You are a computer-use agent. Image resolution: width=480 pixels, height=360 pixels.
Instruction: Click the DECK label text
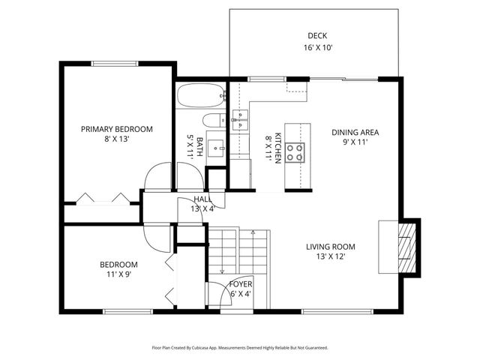pyautogui.click(x=317, y=35)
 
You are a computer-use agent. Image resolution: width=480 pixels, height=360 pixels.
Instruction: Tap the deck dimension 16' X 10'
pyautogui.click(x=317, y=47)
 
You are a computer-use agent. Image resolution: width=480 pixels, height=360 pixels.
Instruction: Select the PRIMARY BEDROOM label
pyautogui.click(x=117, y=129)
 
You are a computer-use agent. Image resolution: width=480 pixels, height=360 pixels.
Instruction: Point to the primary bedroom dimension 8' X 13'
pyautogui.click(x=117, y=139)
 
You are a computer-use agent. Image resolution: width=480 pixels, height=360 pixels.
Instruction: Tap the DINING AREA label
pyautogui.click(x=355, y=132)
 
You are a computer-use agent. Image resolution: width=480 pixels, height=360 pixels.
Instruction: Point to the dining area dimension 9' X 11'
pyautogui.click(x=355, y=142)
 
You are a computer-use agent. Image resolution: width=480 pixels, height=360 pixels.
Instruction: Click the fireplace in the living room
pyautogui.click(x=405, y=247)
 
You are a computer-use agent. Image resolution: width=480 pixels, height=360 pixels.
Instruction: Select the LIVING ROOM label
pyautogui.click(x=330, y=246)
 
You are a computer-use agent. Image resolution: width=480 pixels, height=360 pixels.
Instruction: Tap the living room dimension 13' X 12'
pyautogui.click(x=330, y=256)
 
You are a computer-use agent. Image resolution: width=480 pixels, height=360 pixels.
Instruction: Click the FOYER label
pyautogui.click(x=241, y=284)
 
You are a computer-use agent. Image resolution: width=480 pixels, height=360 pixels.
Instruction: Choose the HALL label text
pyautogui.click(x=202, y=199)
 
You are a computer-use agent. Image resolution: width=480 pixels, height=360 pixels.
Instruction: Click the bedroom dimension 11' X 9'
pyautogui.click(x=118, y=274)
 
